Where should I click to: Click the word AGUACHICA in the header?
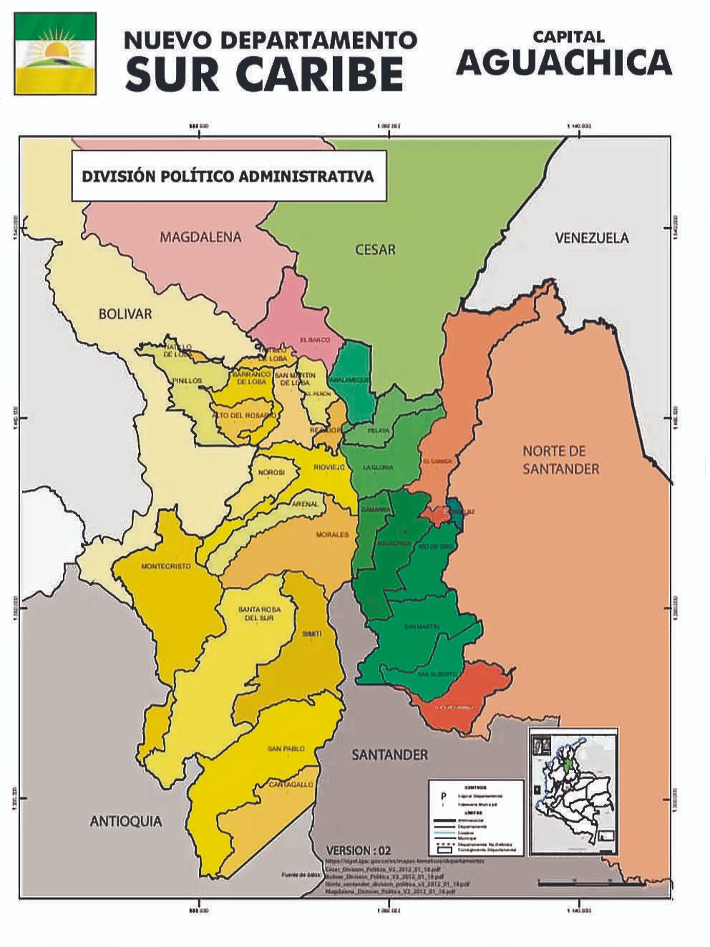(563, 63)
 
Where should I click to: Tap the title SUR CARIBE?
(264, 73)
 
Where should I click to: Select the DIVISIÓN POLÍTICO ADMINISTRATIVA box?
(228, 176)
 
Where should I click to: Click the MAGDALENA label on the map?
(200, 237)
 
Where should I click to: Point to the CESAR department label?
(375, 250)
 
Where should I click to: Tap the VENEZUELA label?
(592, 238)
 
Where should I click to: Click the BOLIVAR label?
(125, 314)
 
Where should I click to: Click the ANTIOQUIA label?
(126, 821)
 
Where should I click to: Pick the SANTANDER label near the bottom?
(389, 755)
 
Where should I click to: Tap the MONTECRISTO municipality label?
(166, 566)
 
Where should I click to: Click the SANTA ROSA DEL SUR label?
(256, 613)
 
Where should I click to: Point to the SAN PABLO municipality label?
(286, 749)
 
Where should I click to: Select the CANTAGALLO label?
(291, 785)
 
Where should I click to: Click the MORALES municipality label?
(332, 535)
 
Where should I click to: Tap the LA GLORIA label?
(378, 467)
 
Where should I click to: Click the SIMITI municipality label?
(312, 634)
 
